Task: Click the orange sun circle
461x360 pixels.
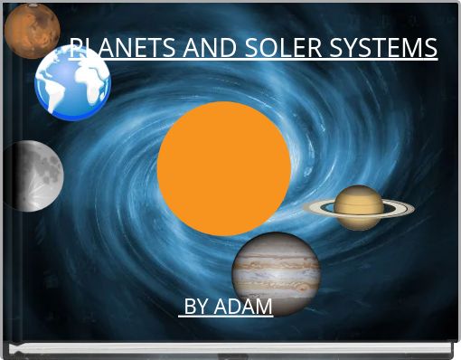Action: coord(224,168)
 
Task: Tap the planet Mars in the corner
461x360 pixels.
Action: coord(31,29)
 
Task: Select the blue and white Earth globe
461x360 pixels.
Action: coord(72,83)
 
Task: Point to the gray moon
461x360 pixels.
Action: coord(34,175)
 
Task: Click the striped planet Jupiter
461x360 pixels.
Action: coord(276,269)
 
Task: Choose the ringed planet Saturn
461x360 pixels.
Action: coord(359,207)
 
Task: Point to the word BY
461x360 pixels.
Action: coord(197,307)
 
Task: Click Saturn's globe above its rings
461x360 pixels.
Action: coord(359,195)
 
